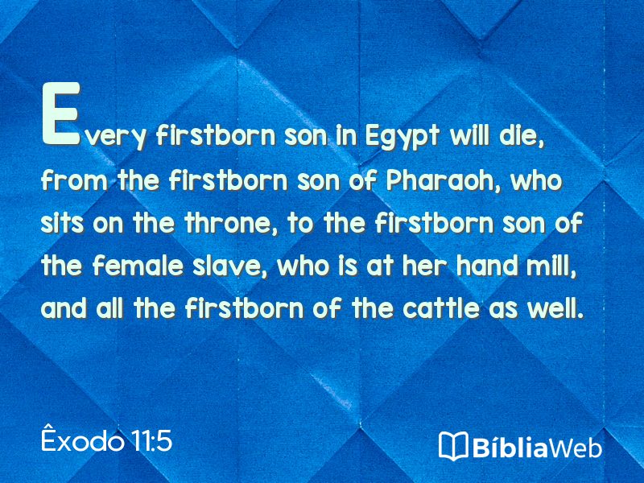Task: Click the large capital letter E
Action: coord(61,114)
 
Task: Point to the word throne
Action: coord(231,223)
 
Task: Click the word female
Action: coord(138,266)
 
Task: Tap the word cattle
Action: coord(440,308)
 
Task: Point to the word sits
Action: coord(63,223)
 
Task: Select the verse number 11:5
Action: coord(151,441)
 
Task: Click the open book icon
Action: coord(453,446)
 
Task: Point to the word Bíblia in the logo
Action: coord(510,446)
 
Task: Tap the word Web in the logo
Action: coord(576,447)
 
